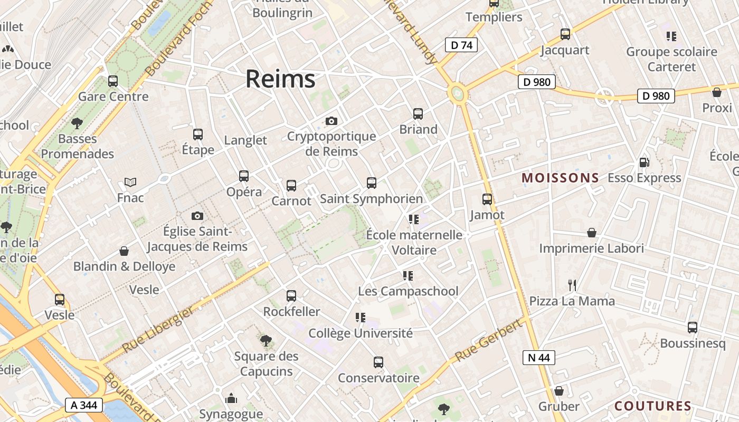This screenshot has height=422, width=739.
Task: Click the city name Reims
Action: click(280, 79)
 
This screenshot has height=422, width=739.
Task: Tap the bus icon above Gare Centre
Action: click(113, 81)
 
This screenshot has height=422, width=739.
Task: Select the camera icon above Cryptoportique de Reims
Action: click(331, 121)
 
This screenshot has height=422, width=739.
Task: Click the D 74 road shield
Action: click(461, 45)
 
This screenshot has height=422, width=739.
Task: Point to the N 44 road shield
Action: click(539, 358)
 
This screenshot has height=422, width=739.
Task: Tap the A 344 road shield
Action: click(83, 405)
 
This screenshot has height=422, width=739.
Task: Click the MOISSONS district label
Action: click(560, 178)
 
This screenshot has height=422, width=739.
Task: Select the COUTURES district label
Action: click(653, 406)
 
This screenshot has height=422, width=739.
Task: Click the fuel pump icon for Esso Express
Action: click(644, 162)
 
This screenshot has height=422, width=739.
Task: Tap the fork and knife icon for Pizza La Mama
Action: click(572, 286)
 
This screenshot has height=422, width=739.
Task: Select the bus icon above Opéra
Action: click(244, 176)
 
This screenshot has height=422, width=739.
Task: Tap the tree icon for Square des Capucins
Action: click(266, 341)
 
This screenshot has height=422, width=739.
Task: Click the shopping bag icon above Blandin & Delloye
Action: click(124, 251)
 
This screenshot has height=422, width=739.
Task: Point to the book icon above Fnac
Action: click(130, 183)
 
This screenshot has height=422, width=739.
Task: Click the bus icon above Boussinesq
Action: click(693, 328)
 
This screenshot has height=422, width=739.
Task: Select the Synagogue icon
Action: click(231, 399)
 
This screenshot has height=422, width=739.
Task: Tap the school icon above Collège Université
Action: click(361, 318)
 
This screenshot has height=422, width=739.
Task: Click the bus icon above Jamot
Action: click(487, 199)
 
